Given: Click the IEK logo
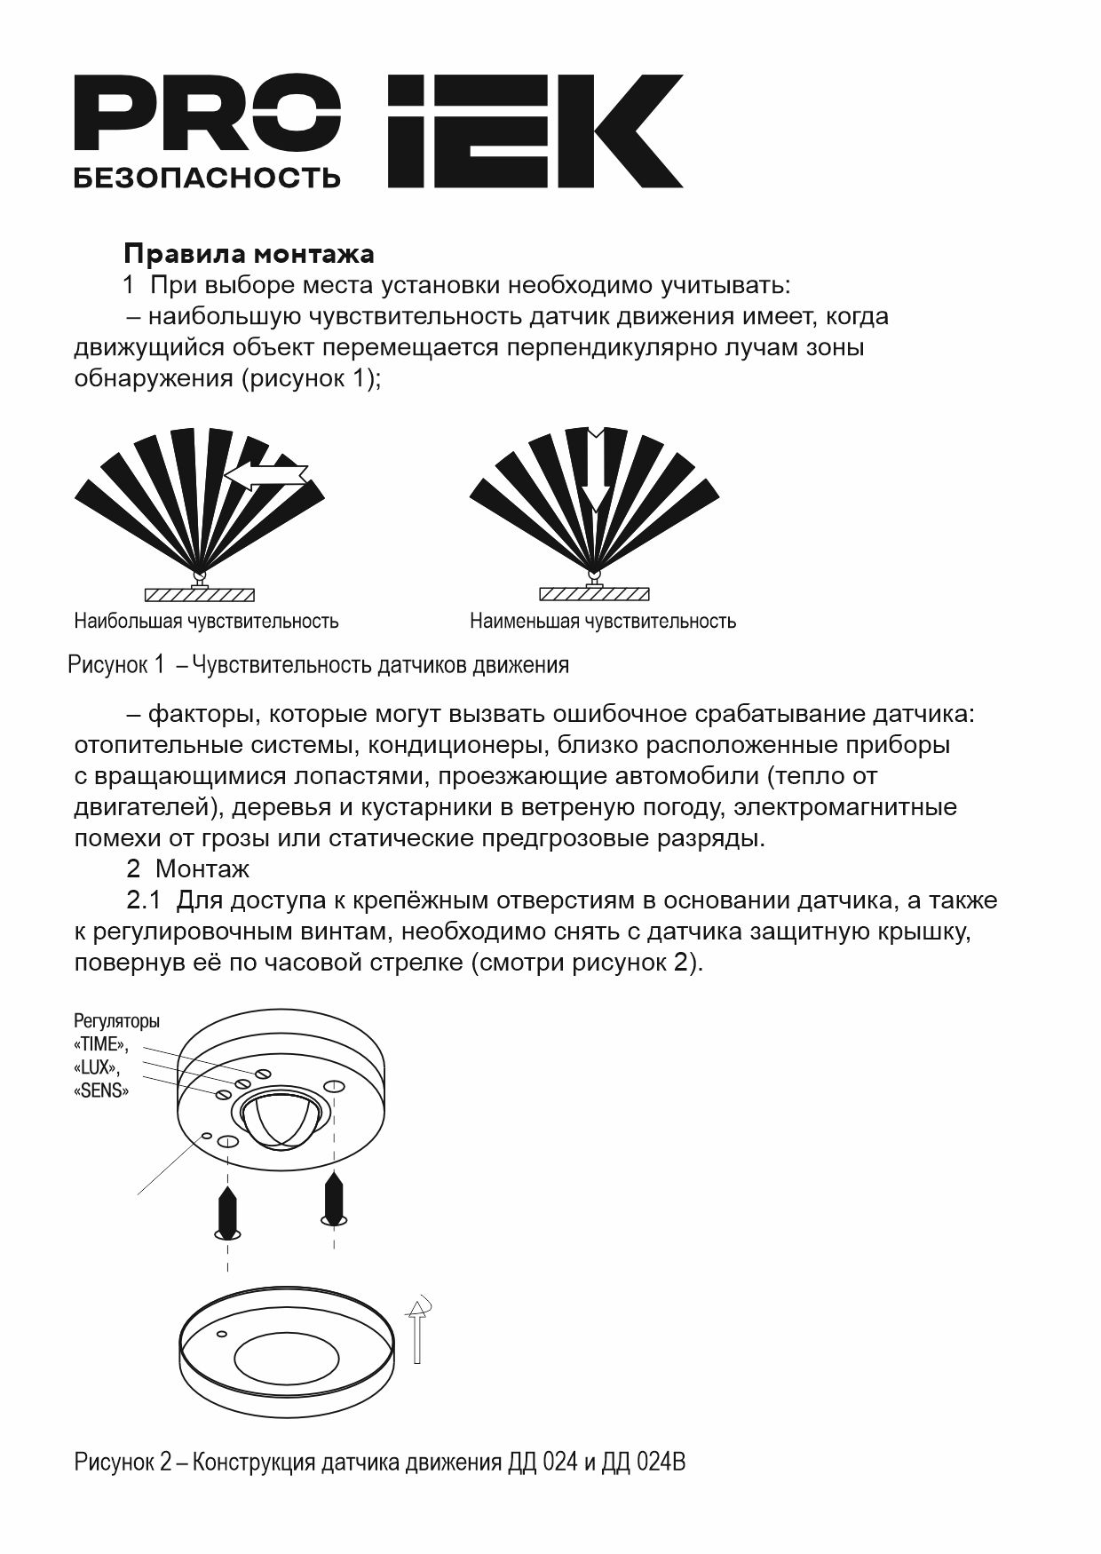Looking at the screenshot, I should pyautogui.click(x=535, y=131).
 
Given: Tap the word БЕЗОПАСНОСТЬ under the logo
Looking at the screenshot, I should pyautogui.click(x=207, y=178).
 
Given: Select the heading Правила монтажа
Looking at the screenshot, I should pyautogui.click(x=249, y=254).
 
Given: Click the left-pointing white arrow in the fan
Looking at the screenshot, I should pyautogui.click(x=266, y=476).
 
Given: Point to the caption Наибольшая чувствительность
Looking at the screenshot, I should pyautogui.click(x=206, y=621).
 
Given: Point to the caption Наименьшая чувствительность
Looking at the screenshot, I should pyautogui.click(x=603, y=621).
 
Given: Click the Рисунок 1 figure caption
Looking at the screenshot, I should pyautogui.click(x=318, y=664).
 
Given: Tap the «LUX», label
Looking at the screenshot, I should pyautogui.click(x=97, y=1067).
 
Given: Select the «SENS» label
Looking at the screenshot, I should pyautogui.click(x=101, y=1090).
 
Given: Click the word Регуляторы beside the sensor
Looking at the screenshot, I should pyautogui.click(x=116, y=1021).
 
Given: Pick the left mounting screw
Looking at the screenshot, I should pyautogui.click(x=228, y=1210).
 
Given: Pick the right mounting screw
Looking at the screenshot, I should pyautogui.click(x=334, y=1199).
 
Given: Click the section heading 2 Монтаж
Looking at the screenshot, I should pyautogui.click(x=187, y=868).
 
